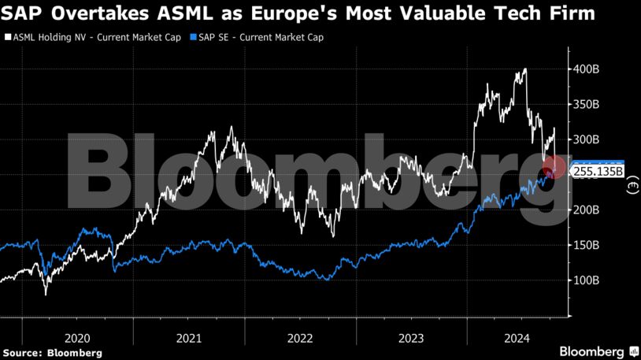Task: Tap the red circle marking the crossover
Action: [x=554, y=167]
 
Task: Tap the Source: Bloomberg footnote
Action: [x=52, y=352]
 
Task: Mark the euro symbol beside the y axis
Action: [x=632, y=187]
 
